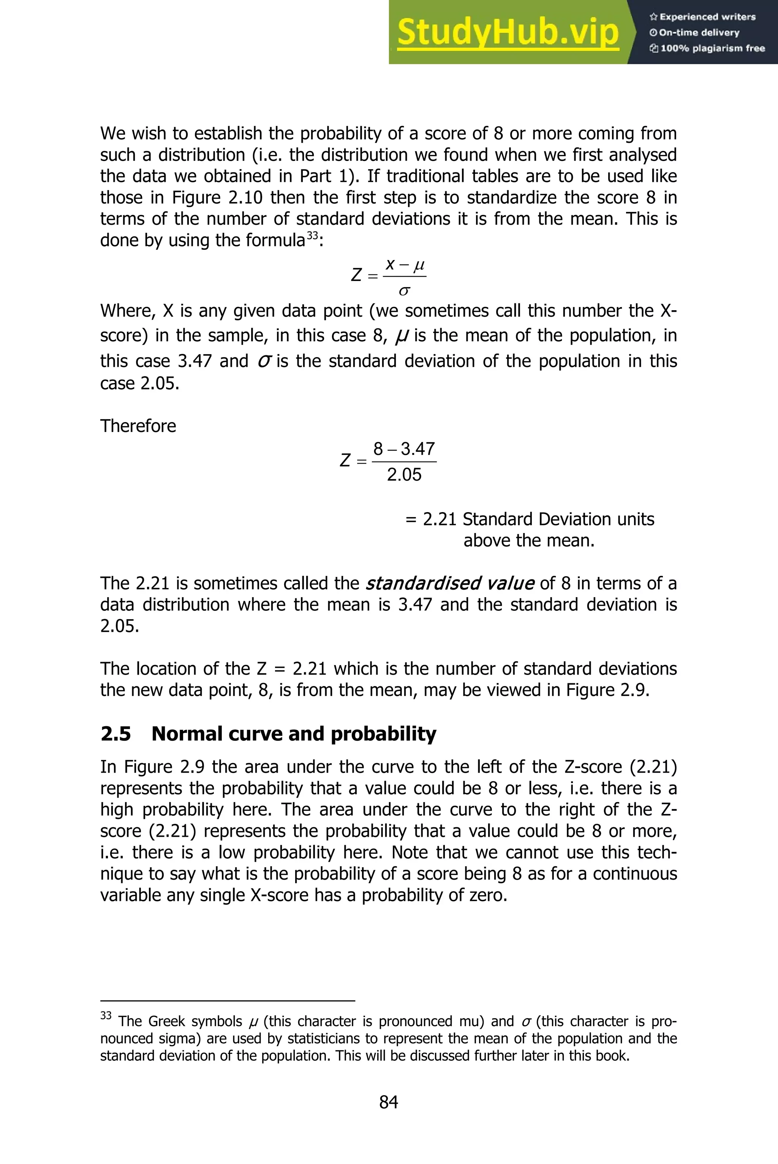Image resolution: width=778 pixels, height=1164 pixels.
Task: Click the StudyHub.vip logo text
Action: coord(508,33)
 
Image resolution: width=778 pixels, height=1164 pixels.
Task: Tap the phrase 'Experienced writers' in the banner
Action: coord(707,17)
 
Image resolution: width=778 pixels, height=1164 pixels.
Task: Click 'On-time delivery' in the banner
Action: coord(699,33)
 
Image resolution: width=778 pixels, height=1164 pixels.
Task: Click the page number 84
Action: coord(389,1102)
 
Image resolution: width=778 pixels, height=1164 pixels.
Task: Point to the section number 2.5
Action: coord(115,734)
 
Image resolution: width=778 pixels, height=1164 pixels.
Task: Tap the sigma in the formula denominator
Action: coord(404,291)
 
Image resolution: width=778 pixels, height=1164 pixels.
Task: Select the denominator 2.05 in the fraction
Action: coord(404,475)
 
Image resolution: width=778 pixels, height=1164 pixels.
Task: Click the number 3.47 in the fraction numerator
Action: coord(418,449)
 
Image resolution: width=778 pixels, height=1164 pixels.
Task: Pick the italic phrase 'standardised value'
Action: coord(449,583)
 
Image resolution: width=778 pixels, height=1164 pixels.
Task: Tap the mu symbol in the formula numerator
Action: coord(419,265)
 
